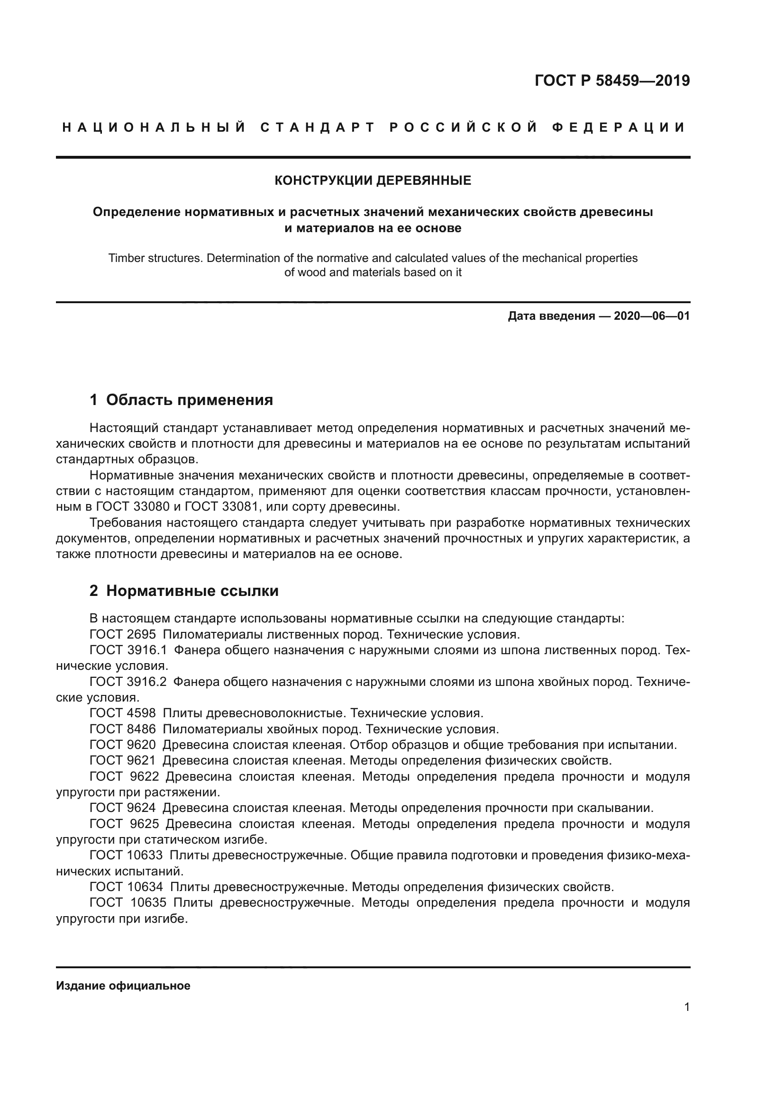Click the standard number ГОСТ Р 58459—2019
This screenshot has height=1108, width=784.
coord(612,81)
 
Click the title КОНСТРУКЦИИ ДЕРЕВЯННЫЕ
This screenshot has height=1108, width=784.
coord(373,181)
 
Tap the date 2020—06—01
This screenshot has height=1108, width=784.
coord(652,316)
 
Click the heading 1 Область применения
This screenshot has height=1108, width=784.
coord(182,400)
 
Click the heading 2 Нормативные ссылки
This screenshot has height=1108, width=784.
coord(184,591)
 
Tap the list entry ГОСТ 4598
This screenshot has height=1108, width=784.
coord(123,713)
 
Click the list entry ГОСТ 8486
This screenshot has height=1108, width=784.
coord(123,729)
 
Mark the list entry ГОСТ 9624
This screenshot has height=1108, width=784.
coord(123,808)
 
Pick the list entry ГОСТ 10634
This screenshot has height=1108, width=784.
coord(127,887)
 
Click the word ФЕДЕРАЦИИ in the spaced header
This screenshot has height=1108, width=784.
coord(619,128)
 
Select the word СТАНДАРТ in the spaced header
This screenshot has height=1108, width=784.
coord(317,128)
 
